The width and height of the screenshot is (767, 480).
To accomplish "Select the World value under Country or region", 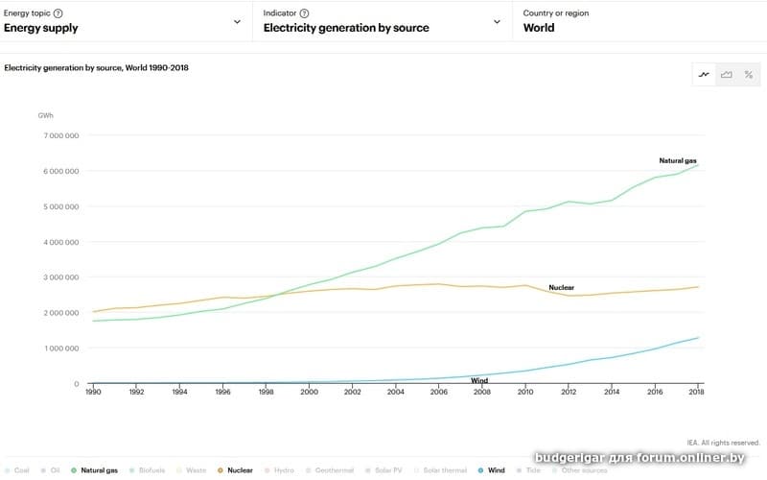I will point(539,28).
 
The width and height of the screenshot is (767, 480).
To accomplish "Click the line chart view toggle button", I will point(705,75).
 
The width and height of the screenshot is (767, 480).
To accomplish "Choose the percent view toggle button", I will point(748,75).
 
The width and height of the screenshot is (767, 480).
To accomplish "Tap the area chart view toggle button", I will point(727,75).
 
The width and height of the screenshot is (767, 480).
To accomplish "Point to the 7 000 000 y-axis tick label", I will point(60,135).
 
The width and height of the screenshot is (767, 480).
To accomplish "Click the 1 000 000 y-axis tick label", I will point(60,348).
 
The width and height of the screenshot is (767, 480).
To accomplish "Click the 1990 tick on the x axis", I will point(93,392).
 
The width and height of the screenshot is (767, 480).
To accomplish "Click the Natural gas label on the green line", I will point(678,160).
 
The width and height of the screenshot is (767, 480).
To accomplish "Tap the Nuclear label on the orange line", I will point(561,287).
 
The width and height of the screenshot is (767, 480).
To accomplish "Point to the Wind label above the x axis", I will point(479,381).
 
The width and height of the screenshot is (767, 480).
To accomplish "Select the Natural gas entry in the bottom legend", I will point(99,470).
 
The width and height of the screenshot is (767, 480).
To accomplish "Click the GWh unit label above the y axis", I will point(46,115).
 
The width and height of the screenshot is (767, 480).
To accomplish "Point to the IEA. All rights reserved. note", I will point(726,443).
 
